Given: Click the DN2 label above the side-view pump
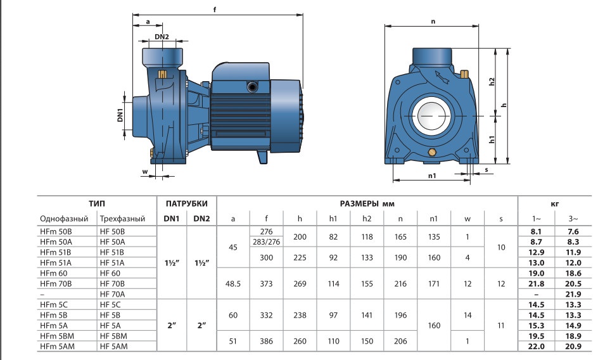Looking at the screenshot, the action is (x=162, y=37).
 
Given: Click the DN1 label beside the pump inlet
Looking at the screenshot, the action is (x=120, y=115).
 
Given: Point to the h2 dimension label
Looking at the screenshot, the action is (x=492, y=82).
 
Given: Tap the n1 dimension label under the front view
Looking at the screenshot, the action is (x=432, y=176).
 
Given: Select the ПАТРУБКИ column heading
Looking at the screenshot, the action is (x=187, y=203).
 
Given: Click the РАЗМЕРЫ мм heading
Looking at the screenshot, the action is (x=367, y=203).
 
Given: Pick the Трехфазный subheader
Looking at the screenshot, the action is (x=122, y=219).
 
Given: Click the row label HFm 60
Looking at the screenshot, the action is (x=53, y=273).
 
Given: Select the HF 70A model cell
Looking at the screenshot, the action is (x=112, y=294).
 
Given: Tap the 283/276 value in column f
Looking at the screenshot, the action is (x=266, y=242).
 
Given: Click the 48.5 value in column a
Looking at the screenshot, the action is (x=233, y=284).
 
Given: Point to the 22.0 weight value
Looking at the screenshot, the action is (x=536, y=347).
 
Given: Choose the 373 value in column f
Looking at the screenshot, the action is (x=266, y=284).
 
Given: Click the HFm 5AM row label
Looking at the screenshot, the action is (x=57, y=347).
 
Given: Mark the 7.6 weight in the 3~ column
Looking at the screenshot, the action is (x=573, y=231).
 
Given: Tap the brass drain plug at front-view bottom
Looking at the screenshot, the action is (x=432, y=152).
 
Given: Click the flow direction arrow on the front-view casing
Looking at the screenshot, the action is (x=442, y=77).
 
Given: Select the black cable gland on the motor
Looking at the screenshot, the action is (x=252, y=87).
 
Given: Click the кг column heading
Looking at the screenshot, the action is (x=555, y=204).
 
